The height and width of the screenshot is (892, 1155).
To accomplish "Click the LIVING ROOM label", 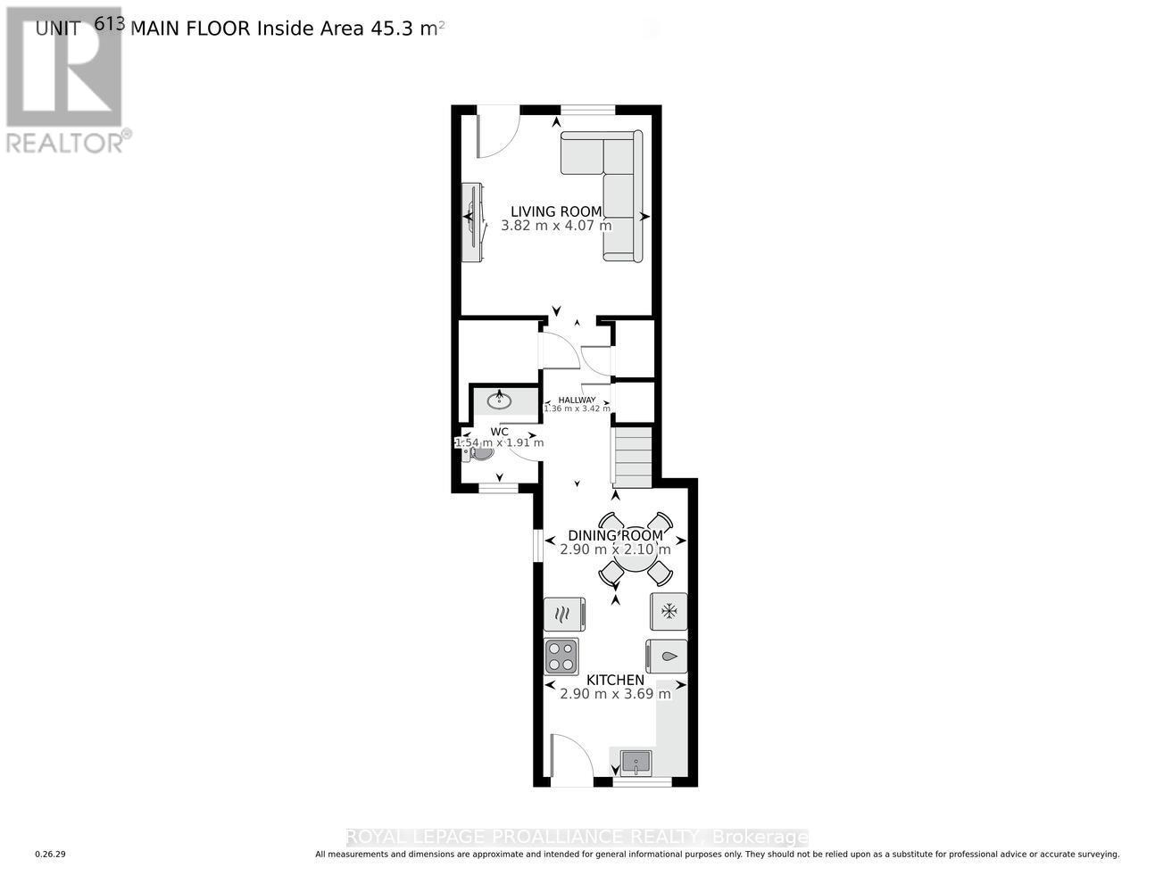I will coord(556,211).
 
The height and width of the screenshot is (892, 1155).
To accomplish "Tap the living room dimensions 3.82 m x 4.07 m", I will coord(556,226).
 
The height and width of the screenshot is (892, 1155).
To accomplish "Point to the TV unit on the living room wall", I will coord(472,222).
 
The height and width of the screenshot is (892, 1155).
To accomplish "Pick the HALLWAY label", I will coord(577,400).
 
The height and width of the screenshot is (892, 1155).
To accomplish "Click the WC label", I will coord(499,432).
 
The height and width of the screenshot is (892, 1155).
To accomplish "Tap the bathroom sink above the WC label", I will coord(499,401).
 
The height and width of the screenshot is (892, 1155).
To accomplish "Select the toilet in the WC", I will coord(478,453).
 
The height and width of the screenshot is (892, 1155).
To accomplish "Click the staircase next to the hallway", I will coord(633,458).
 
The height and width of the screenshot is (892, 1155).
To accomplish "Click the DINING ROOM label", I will coord(615,535).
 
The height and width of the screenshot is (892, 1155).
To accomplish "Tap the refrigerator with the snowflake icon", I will coord(669,611).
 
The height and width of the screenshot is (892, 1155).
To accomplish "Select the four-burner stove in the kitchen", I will coord(561,656).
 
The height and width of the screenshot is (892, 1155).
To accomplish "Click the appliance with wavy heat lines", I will coord(563,614).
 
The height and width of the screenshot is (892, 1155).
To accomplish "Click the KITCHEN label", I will coord(615,680).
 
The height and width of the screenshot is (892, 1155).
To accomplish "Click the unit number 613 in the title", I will coord(108,24).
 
